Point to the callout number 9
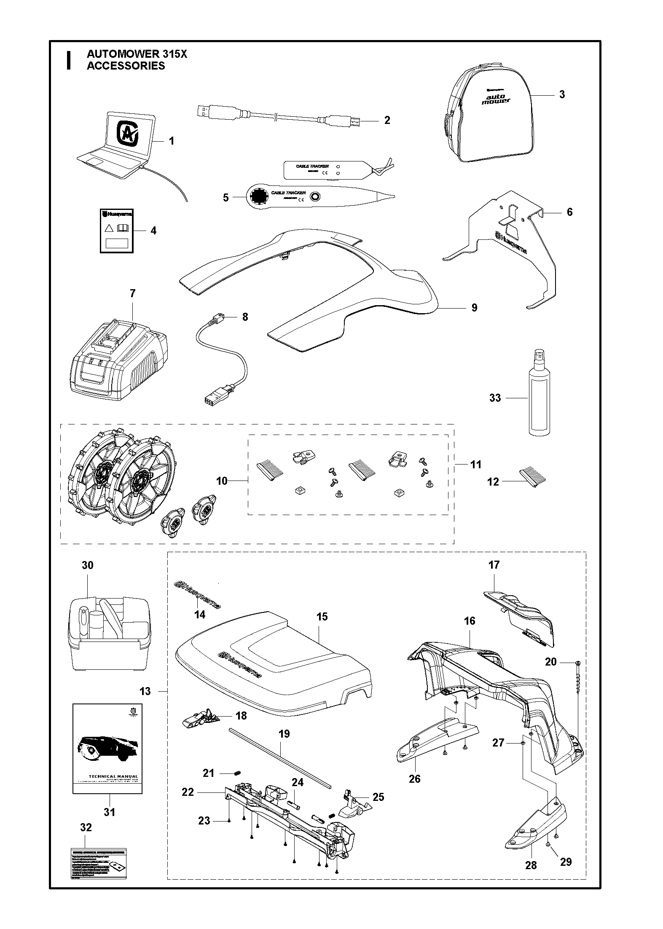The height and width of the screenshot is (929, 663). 474,308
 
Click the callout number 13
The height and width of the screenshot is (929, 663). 145,691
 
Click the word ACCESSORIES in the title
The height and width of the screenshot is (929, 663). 126,66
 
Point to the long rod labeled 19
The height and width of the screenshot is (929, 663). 281,758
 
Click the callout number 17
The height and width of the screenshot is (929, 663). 494,564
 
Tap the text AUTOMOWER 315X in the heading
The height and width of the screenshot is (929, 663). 137,54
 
